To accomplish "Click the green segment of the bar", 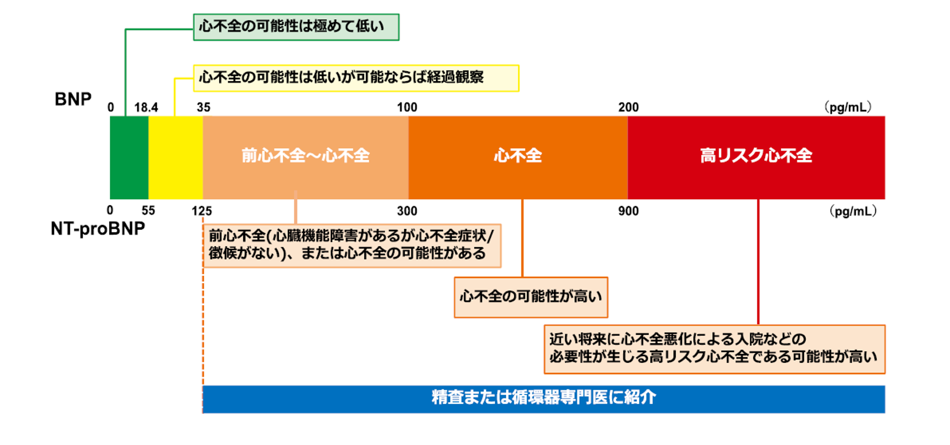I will tap(129, 158).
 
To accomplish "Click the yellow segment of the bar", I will tap(175, 158).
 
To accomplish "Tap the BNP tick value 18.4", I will tap(146, 108).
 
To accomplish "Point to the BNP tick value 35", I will tap(203, 108).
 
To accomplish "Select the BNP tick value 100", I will tap(407, 108).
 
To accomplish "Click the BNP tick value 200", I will tap(628, 108).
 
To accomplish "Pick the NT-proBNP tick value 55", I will tap(148, 211).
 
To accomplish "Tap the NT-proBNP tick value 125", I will tap(202, 211).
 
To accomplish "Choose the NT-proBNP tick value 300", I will tap(407, 211).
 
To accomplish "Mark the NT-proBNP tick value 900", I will tap(628, 211).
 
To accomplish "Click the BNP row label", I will tap(73, 99).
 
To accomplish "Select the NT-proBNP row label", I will tap(98, 229).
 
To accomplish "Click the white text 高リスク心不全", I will tap(756, 155).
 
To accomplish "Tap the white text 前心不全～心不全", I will tap(305, 155).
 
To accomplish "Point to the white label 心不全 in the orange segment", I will tap(518, 155).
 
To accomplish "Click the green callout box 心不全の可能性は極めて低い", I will tap(296, 27).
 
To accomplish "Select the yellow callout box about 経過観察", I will tap(356, 78).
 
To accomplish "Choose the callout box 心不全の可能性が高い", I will tap(531, 297).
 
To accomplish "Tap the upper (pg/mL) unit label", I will tap(848, 108).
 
